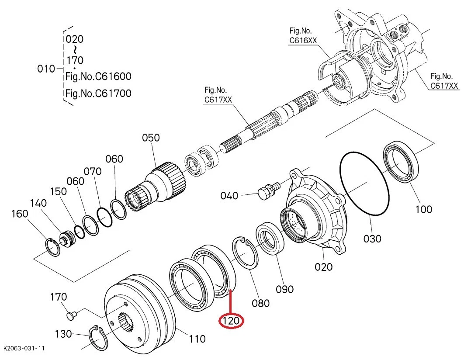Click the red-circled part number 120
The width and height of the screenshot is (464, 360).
click(231, 322)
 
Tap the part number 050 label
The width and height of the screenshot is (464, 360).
click(151, 138)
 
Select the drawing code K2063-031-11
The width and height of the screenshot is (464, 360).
click(24, 348)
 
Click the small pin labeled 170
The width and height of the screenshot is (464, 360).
click(70, 313)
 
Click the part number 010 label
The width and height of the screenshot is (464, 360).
click(46, 69)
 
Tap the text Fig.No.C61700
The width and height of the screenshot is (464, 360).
click(98, 93)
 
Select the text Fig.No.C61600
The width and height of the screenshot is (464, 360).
click(98, 77)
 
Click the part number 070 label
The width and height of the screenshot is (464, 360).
click(93, 171)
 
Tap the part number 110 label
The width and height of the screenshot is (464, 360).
click(197, 338)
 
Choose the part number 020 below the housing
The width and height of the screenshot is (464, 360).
click(324, 267)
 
